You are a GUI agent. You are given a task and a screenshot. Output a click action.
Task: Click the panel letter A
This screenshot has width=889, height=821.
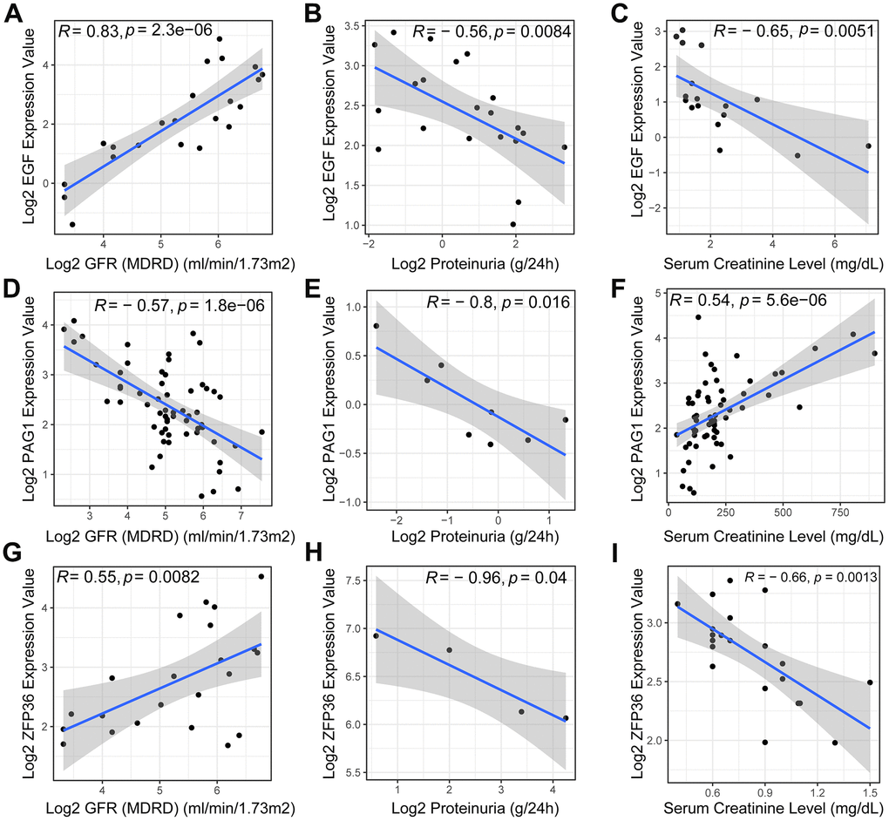pos(13,15)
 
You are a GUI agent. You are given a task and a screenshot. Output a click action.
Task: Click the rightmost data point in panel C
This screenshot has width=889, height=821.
pos(868,146)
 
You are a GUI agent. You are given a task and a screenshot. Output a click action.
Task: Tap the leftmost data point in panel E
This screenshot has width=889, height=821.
pos(376,326)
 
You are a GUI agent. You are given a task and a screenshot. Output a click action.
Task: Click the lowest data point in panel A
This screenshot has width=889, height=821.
pos(72,224)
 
